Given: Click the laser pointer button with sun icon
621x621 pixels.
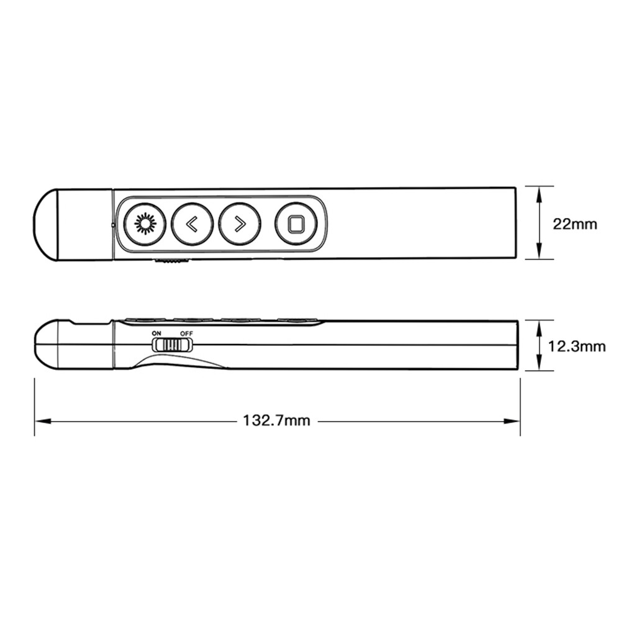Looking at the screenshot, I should click(x=145, y=224).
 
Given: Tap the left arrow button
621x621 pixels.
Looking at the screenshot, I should click(x=193, y=224).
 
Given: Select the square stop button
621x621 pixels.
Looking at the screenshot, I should click(x=296, y=224).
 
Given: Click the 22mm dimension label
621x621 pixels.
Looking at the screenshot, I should click(x=575, y=224).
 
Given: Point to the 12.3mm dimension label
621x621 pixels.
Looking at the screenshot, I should click(x=577, y=347).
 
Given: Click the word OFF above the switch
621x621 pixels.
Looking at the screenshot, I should click(x=186, y=333).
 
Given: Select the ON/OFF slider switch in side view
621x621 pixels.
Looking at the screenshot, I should click(x=173, y=344).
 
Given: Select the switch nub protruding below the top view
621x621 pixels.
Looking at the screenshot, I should click(x=171, y=262).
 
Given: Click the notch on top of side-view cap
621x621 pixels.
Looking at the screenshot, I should click(x=81, y=324).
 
